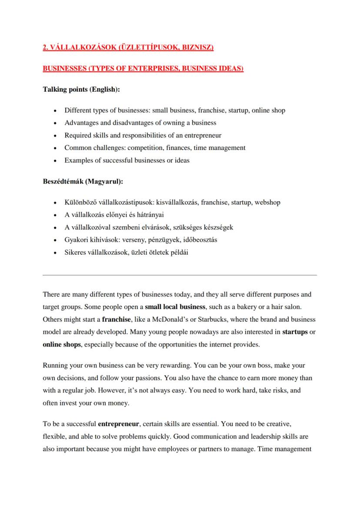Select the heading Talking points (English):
[81, 90]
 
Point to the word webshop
[267, 202]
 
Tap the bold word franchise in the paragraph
[117, 319]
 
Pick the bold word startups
[295, 332]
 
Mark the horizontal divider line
[180, 275]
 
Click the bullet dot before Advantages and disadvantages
[53, 123]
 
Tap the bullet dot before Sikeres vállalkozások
[53, 253]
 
